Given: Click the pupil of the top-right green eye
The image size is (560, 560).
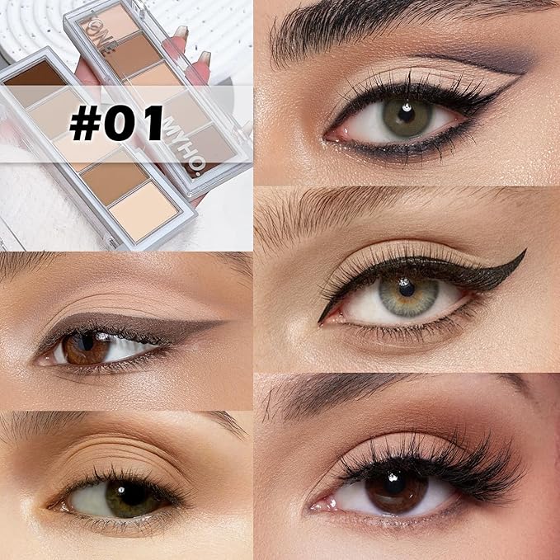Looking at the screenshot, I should pos(406,108).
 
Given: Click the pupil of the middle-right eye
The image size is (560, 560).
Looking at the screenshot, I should pos(407,289).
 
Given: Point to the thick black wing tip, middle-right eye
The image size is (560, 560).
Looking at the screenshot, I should pos(523,254).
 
